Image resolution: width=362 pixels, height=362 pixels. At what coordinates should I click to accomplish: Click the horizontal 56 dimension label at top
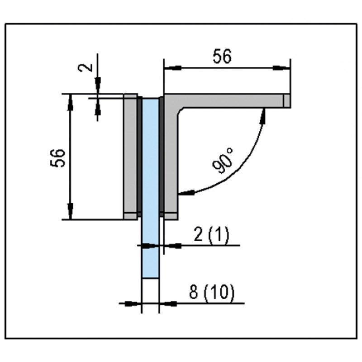click(222, 57)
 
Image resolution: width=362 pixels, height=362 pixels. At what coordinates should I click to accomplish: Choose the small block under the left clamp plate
click(130, 216)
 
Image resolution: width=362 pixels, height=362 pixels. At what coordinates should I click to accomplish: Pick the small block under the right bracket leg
click(170, 216)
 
